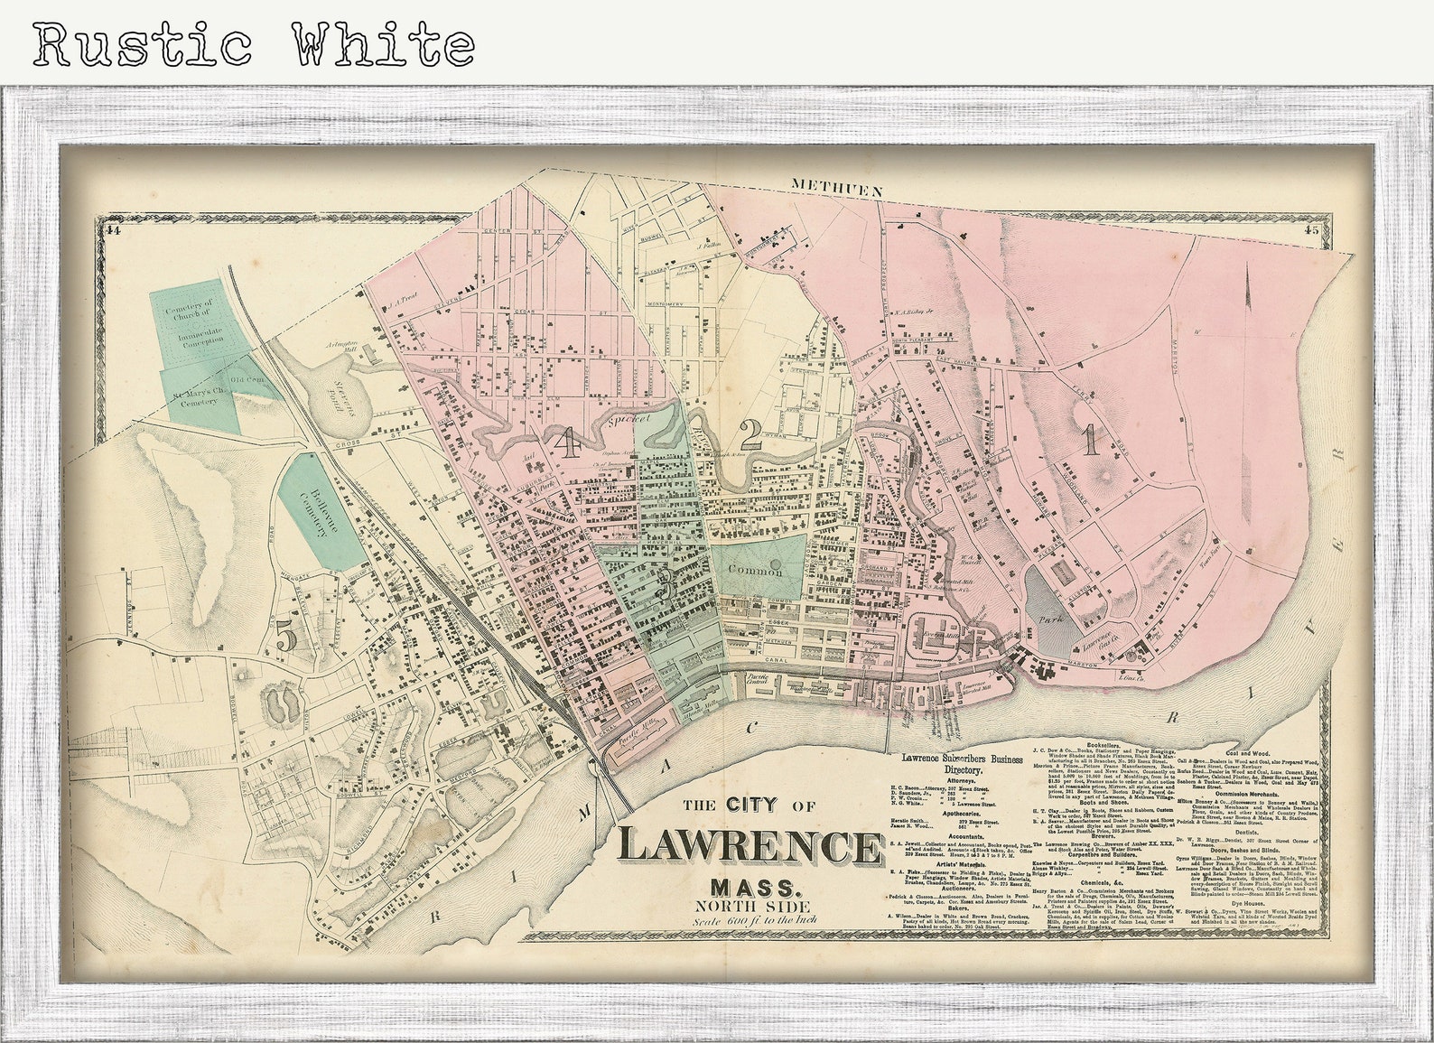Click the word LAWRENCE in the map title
[750, 847]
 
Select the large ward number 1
[1091, 440]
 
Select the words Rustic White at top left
[254, 43]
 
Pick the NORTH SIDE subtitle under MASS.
[751, 906]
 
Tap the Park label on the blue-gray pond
[1048, 621]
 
